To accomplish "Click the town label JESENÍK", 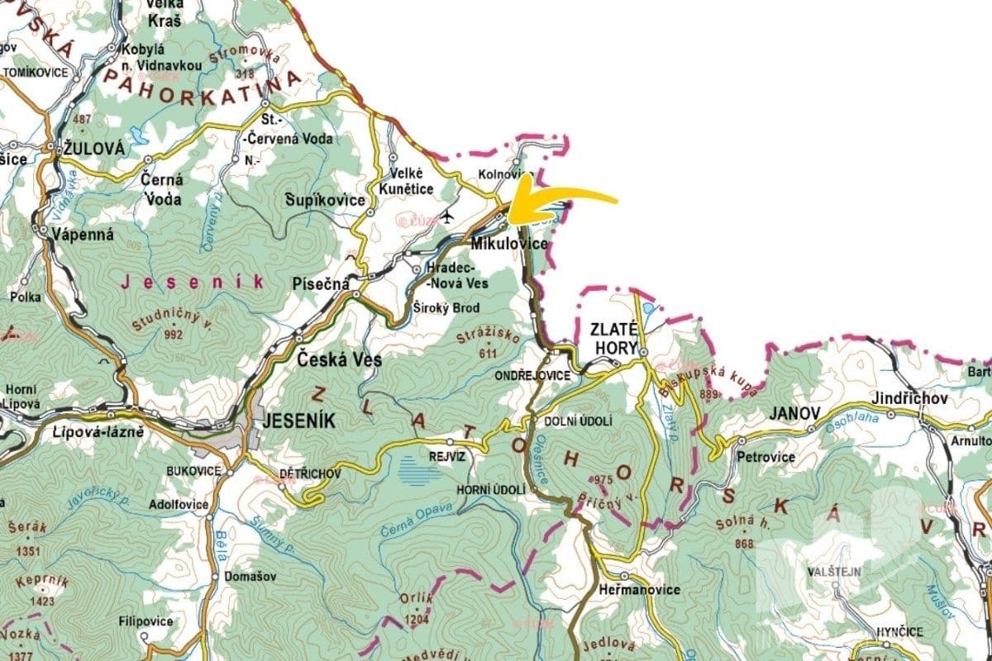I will coord(298,421).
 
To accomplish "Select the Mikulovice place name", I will coord(509,245).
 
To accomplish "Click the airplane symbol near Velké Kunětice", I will coord(448,217).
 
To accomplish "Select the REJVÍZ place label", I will coord(447,455).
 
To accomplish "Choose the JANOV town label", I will coord(794,412).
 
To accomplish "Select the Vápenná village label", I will coord(81,233).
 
